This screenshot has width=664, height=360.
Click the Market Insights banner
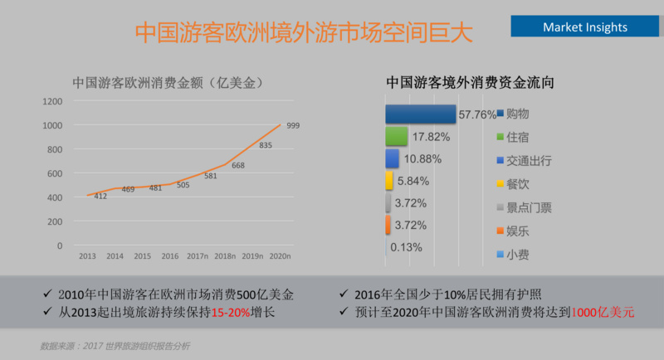(585, 27)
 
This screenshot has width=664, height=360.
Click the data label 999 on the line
(293, 126)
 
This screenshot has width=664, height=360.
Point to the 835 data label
(266, 145)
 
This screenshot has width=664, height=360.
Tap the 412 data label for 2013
(100, 196)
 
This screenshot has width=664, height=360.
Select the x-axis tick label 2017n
(197, 257)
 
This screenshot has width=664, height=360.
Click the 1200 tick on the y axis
(52, 101)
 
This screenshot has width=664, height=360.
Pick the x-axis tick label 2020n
(281, 257)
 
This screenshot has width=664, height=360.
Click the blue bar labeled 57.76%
(420, 114)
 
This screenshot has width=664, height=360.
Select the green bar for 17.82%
(396, 136)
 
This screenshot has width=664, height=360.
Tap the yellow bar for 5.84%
(388, 181)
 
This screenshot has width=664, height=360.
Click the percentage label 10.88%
(422, 158)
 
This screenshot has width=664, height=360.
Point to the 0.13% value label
(407, 247)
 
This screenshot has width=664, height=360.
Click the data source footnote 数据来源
(115, 345)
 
